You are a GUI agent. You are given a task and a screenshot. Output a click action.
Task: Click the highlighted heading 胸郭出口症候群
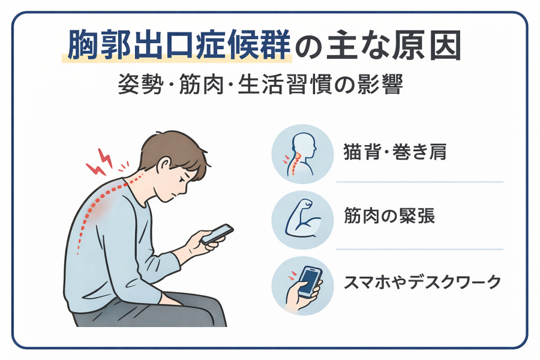pyautogui.click(x=179, y=45)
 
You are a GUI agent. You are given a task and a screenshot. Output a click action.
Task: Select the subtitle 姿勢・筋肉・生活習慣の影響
pyautogui.click(x=260, y=85)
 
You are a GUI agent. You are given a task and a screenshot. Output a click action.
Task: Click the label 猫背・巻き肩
pyautogui.click(x=395, y=152)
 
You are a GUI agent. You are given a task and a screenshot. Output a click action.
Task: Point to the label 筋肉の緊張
pyautogui.click(x=389, y=216)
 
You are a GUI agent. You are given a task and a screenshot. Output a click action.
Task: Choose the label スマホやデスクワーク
pyautogui.click(x=422, y=282)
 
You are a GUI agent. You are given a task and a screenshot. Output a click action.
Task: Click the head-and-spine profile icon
pyautogui.click(x=302, y=154)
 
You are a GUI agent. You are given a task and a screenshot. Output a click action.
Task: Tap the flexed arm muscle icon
pyautogui.click(x=302, y=220)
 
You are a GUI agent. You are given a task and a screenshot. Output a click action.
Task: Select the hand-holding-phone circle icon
pyautogui.click(x=302, y=286)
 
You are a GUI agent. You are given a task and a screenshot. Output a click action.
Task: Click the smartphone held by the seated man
pyautogui.click(x=217, y=234)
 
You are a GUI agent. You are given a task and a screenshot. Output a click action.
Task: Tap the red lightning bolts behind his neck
pyautogui.click(x=100, y=162)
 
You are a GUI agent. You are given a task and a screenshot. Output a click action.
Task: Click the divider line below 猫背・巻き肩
pyautogui.click(x=419, y=182)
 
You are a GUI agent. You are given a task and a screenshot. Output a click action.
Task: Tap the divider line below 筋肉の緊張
pyautogui.click(x=419, y=249)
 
